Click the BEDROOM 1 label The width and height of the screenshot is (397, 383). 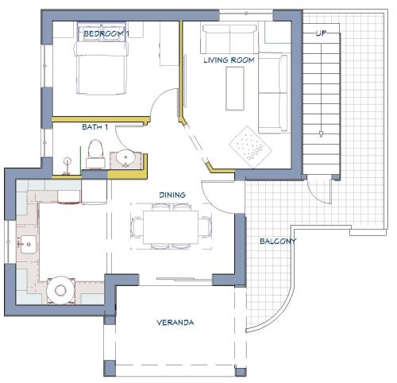tap(106, 33)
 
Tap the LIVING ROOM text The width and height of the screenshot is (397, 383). tap(229, 60)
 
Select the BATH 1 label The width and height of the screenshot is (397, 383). tap(95, 127)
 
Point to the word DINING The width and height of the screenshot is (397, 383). tap(172, 195)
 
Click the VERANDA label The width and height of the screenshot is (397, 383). tap(175, 323)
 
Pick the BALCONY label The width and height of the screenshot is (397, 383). tap(278, 241)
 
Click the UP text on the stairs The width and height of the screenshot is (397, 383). tap(321, 33)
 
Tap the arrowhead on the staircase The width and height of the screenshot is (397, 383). tap(321, 134)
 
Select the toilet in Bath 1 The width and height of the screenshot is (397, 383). tap(95, 154)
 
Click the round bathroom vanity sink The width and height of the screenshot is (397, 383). tap(125, 157)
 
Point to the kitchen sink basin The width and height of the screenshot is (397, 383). tap(28, 244)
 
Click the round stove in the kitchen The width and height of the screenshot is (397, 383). tap(60, 290)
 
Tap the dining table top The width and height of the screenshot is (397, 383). tap(171, 227)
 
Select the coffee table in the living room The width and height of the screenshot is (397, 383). tap(235, 88)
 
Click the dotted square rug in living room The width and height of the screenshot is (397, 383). tap(250, 147)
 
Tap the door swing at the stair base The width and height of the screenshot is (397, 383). tap(316, 194)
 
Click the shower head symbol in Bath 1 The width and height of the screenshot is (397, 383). tap(67, 161)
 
